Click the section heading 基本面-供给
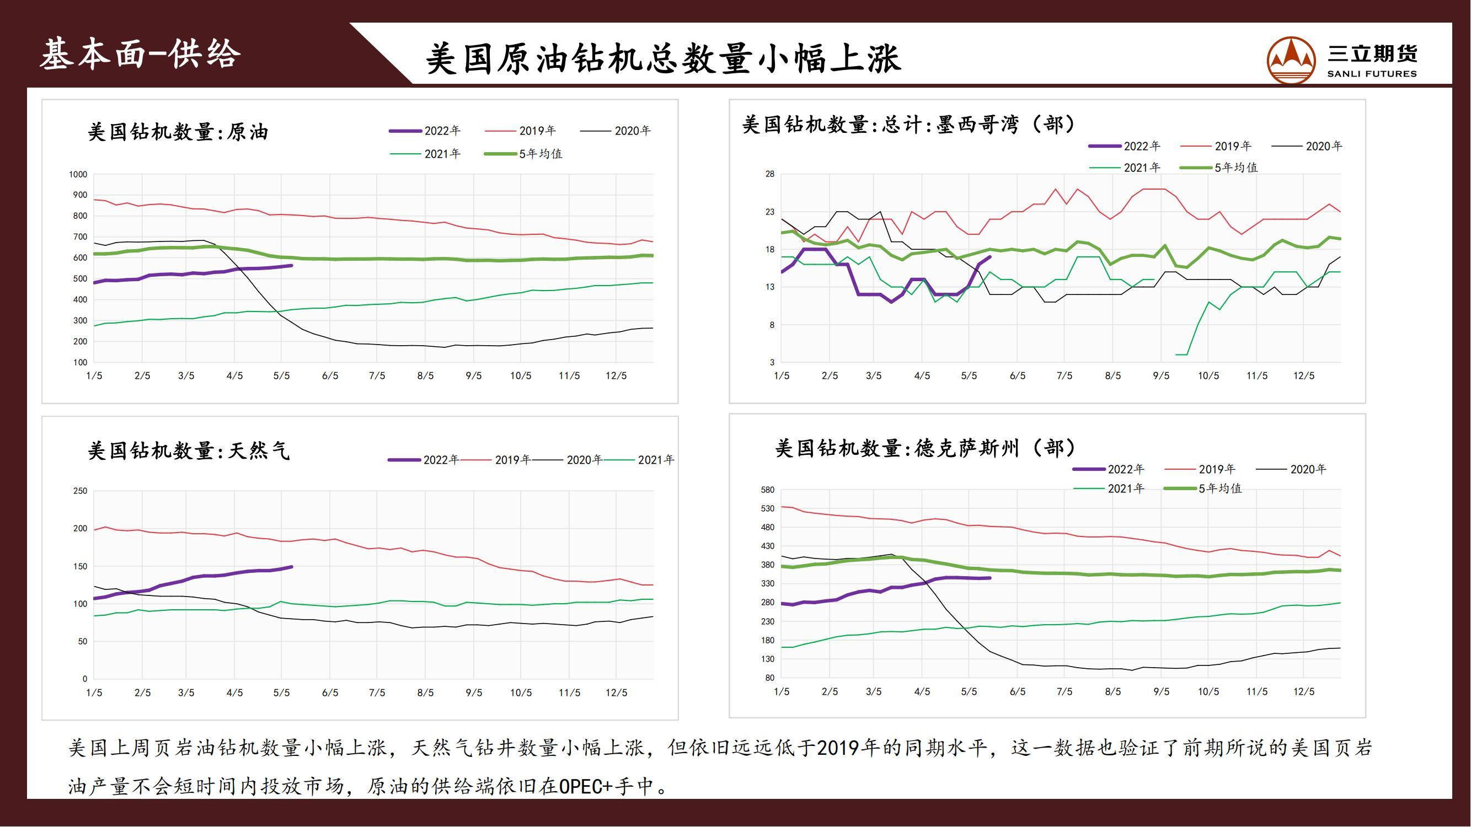(x=141, y=55)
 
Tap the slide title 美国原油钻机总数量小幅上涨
(x=663, y=59)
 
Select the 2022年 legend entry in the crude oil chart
(x=425, y=131)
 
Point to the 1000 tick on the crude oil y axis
(x=78, y=175)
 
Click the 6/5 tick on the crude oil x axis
(x=330, y=375)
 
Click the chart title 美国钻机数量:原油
(x=178, y=132)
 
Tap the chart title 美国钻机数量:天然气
(x=189, y=451)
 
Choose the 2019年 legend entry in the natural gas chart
(x=497, y=459)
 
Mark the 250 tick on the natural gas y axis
(x=81, y=491)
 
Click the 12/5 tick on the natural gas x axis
(x=616, y=692)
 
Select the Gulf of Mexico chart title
(x=907, y=125)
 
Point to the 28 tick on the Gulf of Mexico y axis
(x=771, y=174)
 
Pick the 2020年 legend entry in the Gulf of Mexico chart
(x=1307, y=146)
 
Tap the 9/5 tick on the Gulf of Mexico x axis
(x=1161, y=375)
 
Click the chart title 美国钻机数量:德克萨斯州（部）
(x=925, y=448)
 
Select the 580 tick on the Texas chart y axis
(x=767, y=490)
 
